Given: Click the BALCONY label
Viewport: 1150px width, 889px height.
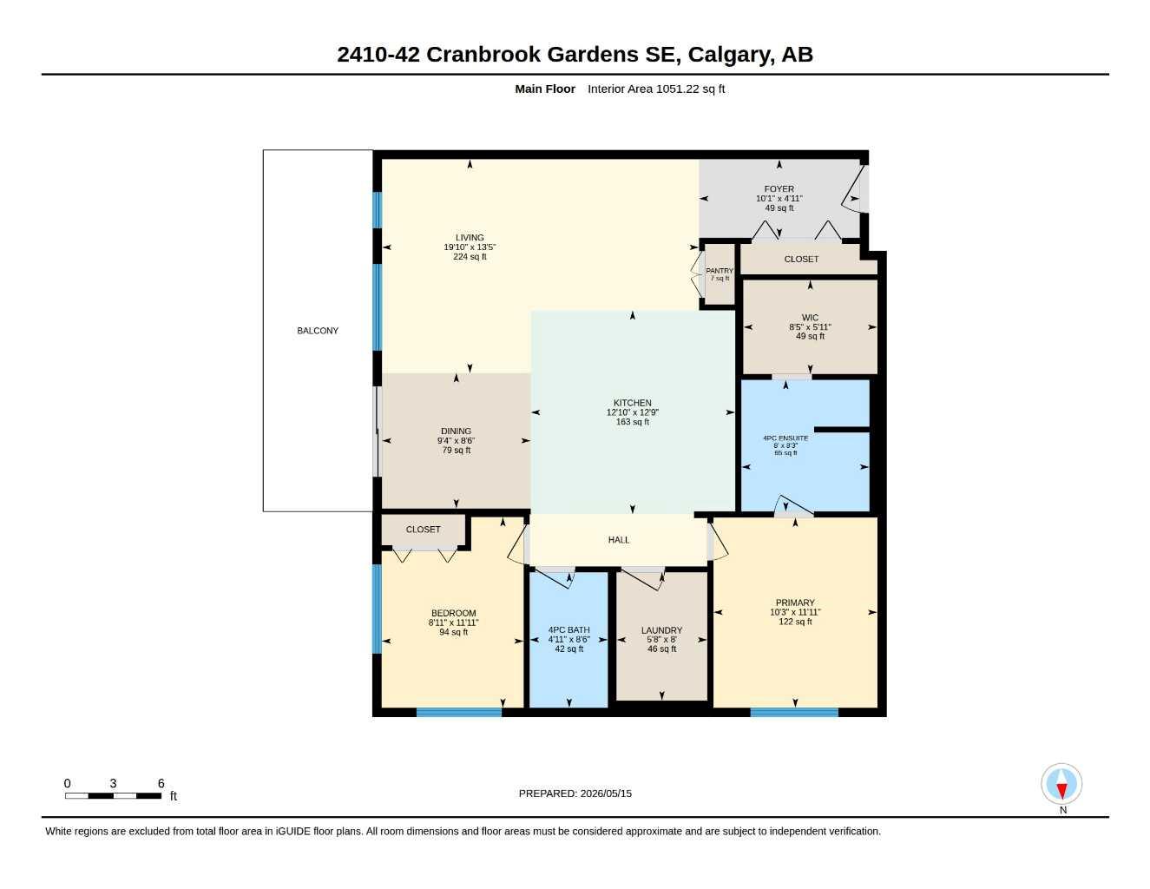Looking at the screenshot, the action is (318, 331).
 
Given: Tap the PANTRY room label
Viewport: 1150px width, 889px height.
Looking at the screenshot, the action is (720, 271).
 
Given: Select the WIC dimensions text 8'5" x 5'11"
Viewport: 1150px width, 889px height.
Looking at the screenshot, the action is (811, 327).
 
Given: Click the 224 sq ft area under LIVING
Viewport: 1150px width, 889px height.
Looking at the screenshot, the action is (470, 257).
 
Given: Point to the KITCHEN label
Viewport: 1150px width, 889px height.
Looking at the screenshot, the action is (633, 403).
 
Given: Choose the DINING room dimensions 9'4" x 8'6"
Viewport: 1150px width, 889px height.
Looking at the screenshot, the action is (457, 441).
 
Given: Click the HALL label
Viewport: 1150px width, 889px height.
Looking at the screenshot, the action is (619, 540).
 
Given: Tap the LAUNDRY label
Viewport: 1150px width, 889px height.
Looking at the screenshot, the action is (661, 630).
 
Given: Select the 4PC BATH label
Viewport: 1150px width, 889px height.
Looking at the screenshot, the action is (568, 629).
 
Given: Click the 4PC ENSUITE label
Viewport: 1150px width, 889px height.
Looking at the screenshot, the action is (785, 438).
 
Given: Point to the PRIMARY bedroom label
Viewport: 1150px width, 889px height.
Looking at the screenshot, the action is (795, 603).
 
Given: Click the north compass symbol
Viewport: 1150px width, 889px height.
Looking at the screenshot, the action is (1061, 784).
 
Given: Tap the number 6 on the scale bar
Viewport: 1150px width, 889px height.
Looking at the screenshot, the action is (161, 783).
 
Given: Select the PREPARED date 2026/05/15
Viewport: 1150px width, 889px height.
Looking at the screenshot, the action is (606, 794).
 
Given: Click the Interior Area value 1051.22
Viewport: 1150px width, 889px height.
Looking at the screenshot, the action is (677, 89).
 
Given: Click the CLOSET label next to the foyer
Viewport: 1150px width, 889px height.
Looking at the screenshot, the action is (801, 260).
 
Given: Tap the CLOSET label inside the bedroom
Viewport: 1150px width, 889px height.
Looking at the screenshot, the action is (423, 530).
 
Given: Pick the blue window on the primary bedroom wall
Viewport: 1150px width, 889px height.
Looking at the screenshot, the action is (794, 712).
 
